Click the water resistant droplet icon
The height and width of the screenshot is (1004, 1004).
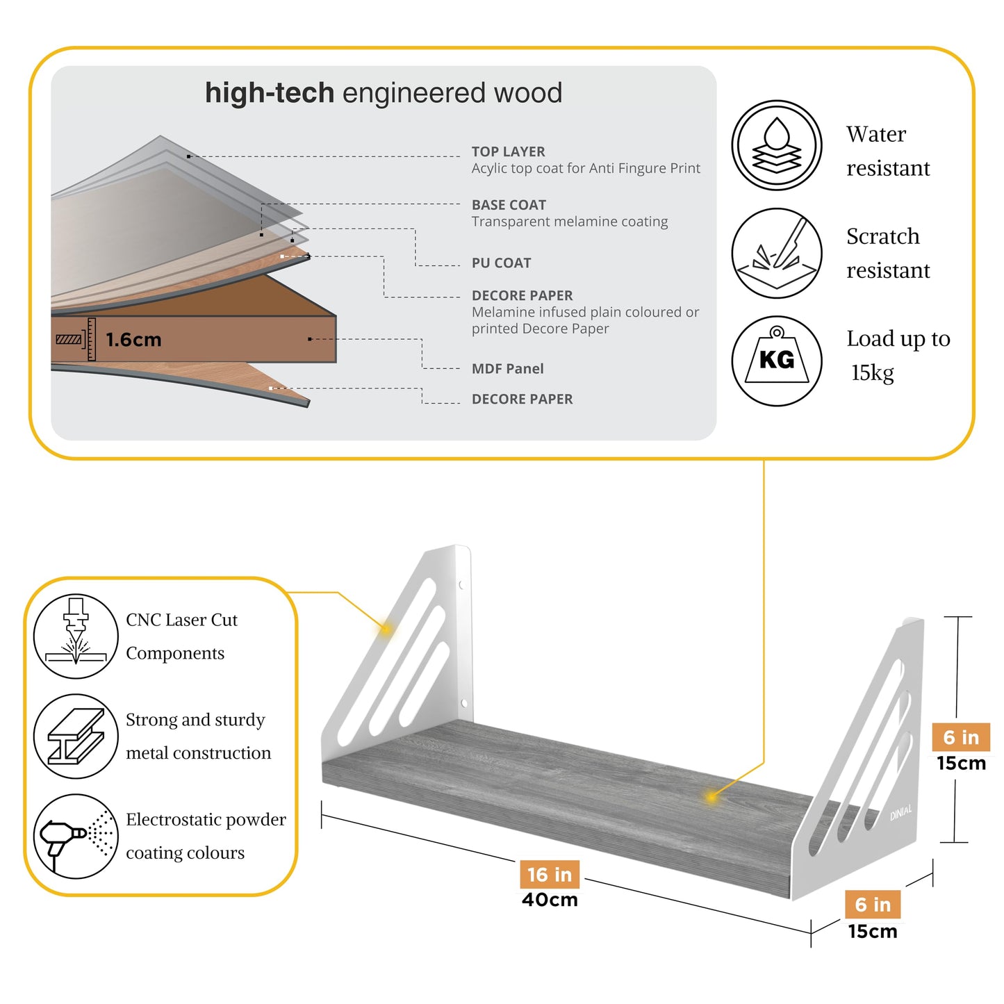[776, 145]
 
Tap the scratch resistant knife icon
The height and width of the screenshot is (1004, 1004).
[776, 253]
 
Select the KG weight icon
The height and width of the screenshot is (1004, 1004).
[776, 361]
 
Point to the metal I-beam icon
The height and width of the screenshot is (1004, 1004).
[76, 736]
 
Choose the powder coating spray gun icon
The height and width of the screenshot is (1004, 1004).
[76, 836]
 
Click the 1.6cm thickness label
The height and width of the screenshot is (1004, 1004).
[133, 340]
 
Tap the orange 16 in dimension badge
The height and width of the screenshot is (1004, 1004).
[549, 874]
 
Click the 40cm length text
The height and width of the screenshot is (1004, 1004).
[550, 900]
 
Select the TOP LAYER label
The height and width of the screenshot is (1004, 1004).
[508, 151]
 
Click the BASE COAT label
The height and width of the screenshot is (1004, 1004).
[509, 205]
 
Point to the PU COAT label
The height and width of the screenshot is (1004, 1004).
[501, 263]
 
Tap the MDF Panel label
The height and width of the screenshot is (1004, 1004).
[507, 369]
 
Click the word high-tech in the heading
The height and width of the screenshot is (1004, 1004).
[270, 93]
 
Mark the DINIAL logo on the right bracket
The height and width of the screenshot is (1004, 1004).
[900, 812]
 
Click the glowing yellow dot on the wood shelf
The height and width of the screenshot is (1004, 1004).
[711, 796]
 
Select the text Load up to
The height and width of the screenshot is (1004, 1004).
[898, 338]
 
